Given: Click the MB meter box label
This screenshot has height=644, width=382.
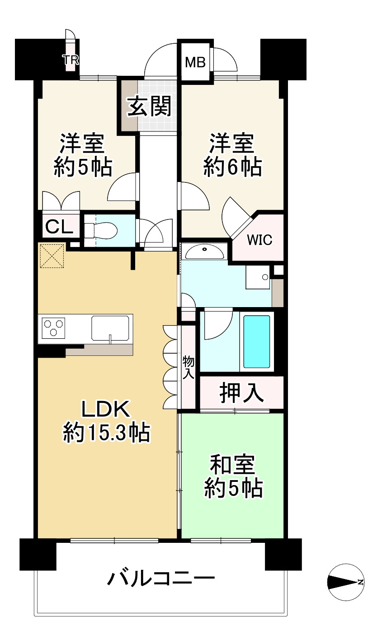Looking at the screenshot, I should [195, 62].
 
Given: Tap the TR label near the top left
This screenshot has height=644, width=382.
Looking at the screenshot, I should [71, 60].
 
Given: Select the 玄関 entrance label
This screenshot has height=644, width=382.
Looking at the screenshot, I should [149, 107].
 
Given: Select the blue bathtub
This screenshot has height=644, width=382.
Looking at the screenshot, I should [257, 341].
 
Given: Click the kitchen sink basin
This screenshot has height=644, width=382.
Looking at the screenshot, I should [111, 328].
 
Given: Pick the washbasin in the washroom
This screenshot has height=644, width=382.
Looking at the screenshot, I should [205, 252].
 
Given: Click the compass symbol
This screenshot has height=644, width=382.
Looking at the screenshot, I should [345, 582].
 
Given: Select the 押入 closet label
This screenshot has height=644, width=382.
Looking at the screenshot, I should [241, 392].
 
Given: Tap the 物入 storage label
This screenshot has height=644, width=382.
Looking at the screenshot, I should [188, 368].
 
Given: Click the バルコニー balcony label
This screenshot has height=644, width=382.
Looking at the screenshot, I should [160, 578].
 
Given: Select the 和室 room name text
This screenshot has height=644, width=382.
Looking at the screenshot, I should [233, 466].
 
